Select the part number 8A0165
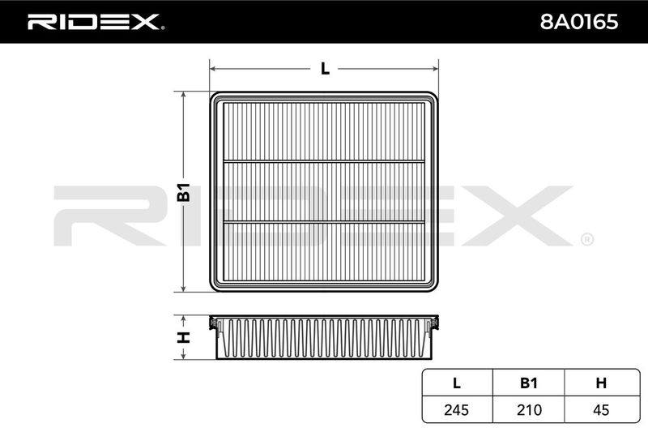[579, 22]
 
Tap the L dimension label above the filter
[326, 69]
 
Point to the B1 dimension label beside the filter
[183, 192]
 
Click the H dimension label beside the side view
[183, 337]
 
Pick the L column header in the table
[457, 383]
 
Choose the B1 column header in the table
[529, 383]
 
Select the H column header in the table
[601, 383]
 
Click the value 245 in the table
[457, 409]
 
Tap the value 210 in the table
[529, 409]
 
